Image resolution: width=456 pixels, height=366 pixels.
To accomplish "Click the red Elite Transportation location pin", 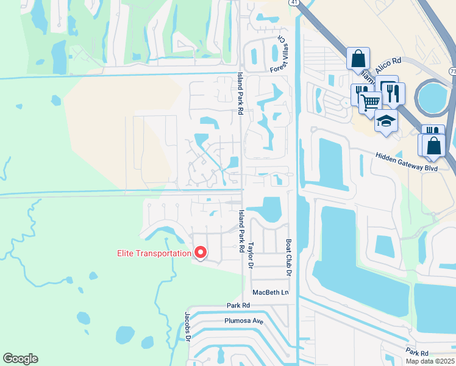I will (x=200, y=252).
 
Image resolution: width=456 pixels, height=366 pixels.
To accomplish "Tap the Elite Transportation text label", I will (x=154, y=253).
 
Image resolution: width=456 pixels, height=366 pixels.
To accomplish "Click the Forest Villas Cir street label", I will (x=282, y=56).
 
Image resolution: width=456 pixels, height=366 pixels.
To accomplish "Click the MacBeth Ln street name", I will (x=270, y=292).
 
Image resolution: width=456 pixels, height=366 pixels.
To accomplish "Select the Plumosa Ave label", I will (x=244, y=320).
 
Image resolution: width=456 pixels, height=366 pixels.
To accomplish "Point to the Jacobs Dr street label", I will (x=188, y=328).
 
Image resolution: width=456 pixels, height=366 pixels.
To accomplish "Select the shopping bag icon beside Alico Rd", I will (x=358, y=59).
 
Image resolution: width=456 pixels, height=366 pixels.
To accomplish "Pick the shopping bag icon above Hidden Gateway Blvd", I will (x=435, y=146).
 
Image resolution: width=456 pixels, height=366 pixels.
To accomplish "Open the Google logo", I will (x=20, y=359).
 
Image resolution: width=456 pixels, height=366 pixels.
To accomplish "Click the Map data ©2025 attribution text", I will (x=430, y=361).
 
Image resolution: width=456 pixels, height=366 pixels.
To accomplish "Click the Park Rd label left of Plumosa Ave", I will (x=238, y=305).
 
